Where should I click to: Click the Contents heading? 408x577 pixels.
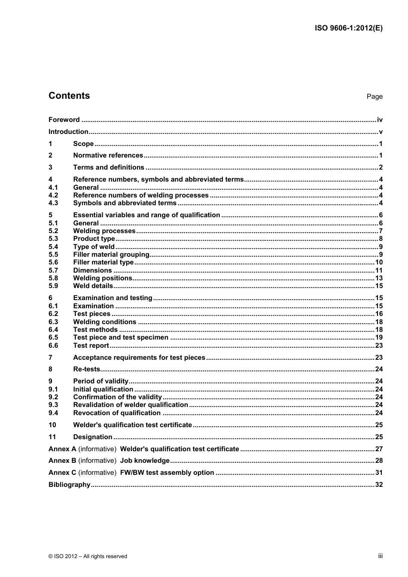69,96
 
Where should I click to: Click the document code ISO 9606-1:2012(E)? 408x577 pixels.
348,28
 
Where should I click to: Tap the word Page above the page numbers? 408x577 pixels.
374,97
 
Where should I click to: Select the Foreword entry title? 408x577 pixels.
64,120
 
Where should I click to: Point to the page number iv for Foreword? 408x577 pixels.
380,120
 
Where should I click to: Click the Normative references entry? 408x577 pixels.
108,155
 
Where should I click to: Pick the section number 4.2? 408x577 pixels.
53,195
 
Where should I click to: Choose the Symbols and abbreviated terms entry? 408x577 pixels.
125,203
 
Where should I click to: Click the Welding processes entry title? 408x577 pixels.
104,231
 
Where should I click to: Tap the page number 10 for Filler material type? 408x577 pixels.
379,262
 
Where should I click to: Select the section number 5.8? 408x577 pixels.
53,278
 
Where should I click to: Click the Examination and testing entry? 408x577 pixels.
113,298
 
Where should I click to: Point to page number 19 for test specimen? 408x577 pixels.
379,337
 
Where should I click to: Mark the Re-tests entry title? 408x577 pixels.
86,369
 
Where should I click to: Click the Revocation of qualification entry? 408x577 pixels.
117,413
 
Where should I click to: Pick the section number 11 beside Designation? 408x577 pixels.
52,437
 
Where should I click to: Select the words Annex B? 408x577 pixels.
62,461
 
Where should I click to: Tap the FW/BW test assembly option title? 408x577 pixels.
167,473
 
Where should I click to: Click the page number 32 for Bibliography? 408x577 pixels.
379,485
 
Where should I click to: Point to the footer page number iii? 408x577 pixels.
380,556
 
